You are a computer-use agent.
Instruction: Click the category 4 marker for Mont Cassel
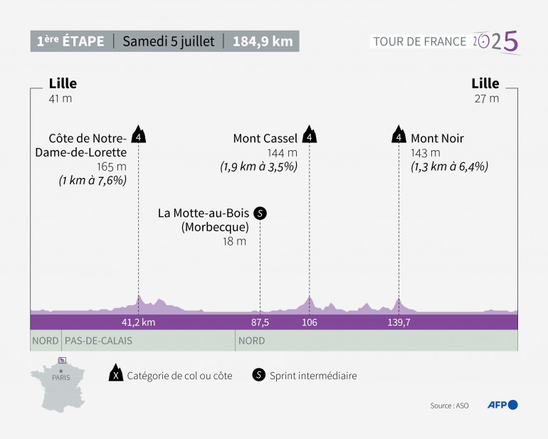(x=309, y=135)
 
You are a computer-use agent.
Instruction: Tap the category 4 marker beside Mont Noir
(x=399, y=135)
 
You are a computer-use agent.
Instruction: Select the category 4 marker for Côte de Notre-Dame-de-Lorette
(x=139, y=135)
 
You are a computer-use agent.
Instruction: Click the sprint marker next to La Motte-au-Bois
(x=260, y=213)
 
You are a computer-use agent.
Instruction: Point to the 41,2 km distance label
(x=138, y=322)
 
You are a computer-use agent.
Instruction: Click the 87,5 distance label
(x=260, y=322)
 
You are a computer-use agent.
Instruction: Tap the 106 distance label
(x=309, y=322)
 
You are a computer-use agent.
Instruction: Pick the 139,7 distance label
(x=399, y=322)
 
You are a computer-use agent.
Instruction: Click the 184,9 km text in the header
(x=263, y=41)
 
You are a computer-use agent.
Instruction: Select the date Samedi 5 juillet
(x=168, y=41)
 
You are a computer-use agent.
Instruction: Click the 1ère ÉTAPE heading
(x=70, y=41)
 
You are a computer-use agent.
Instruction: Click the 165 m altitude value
(x=117, y=166)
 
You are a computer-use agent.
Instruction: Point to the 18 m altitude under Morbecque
(x=235, y=241)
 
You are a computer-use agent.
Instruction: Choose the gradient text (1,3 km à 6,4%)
(x=449, y=166)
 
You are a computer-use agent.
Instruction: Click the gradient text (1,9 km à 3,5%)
(x=259, y=166)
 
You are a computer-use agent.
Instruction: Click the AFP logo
(x=502, y=405)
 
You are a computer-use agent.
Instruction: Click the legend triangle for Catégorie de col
(x=114, y=375)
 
